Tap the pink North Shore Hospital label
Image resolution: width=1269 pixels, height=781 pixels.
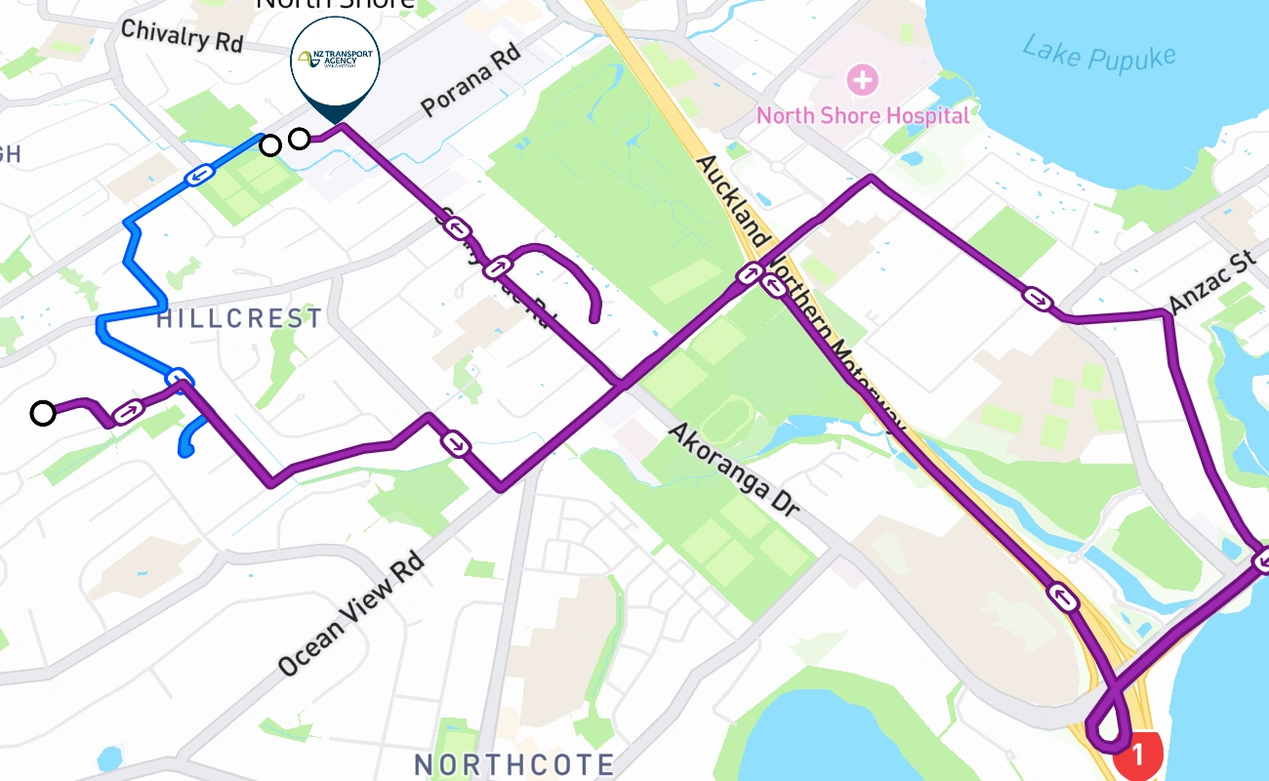863,116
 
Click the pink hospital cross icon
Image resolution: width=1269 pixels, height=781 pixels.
862,79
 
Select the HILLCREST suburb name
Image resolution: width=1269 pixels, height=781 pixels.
239,318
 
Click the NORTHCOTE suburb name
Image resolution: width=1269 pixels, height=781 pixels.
514,763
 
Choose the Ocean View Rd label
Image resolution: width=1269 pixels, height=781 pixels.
350,615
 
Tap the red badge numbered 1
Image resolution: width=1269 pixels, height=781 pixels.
1138,755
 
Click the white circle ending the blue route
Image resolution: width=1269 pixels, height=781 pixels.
270,145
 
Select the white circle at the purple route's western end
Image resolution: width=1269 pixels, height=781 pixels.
42,413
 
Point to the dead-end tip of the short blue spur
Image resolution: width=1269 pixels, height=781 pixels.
184,451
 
